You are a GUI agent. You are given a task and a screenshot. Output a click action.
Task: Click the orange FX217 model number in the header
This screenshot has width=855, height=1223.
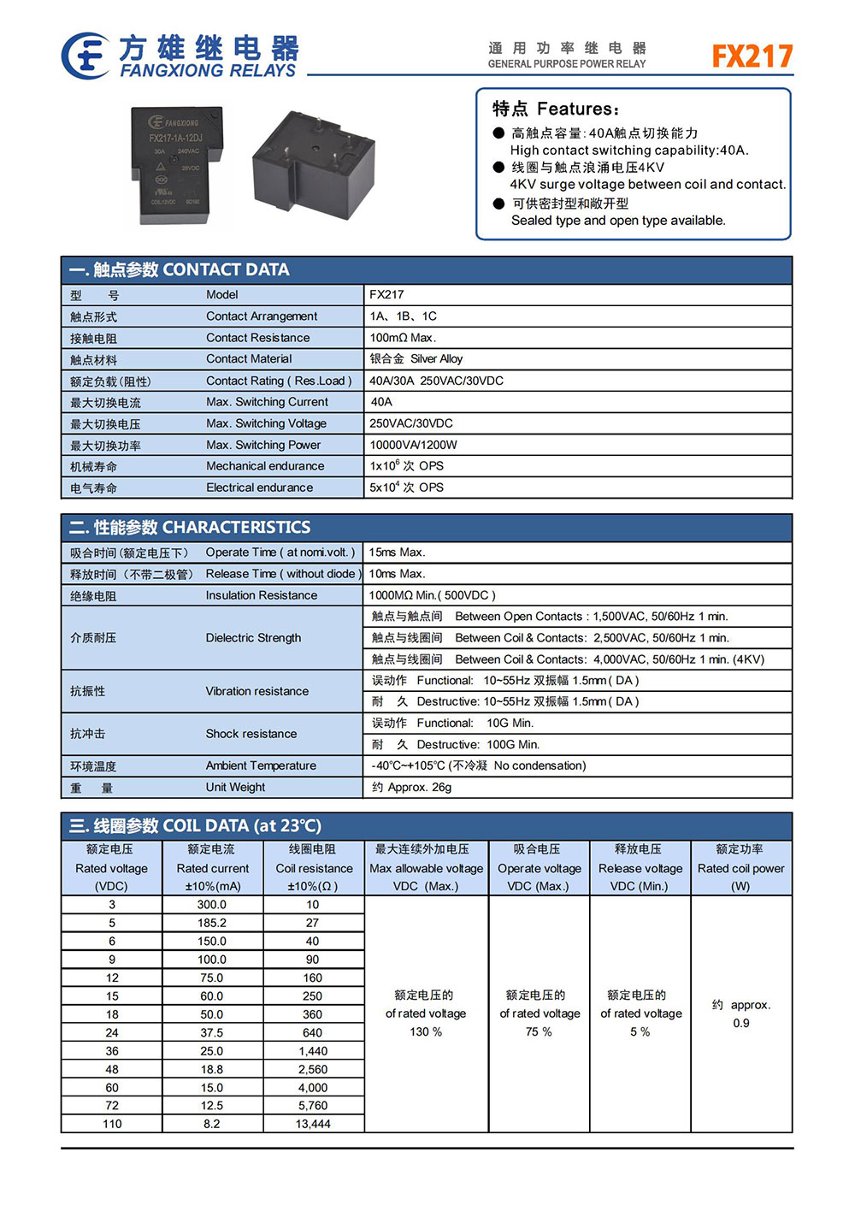[752, 56]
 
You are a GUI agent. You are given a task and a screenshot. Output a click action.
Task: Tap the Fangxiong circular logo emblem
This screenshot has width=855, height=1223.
[85, 56]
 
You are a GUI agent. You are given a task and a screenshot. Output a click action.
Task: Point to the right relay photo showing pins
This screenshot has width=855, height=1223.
[312, 166]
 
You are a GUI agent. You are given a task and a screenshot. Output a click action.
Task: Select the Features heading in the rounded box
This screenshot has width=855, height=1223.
[556, 109]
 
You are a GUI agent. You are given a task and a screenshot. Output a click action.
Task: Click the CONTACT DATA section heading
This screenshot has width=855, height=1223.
[180, 270]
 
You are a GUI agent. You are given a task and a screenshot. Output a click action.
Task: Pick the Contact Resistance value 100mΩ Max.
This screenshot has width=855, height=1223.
[403, 338]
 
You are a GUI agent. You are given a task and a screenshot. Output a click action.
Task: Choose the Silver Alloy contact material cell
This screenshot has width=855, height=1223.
[416, 359]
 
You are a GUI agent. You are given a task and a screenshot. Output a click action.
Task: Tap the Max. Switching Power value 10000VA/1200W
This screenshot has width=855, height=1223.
[413, 445]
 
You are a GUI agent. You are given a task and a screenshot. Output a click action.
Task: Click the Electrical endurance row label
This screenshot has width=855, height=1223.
[259, 487]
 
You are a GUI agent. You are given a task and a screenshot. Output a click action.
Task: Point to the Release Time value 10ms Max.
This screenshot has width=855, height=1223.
[397, 574]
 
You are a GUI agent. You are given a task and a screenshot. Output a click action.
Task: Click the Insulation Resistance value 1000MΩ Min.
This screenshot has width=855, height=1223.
[432, 595]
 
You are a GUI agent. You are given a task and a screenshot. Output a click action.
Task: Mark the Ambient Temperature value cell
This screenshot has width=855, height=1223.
[479, 765]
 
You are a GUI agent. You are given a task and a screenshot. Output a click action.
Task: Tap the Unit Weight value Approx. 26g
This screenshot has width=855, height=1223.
[411, 787]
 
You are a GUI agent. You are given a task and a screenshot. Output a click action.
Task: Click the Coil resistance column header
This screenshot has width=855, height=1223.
[313, 868]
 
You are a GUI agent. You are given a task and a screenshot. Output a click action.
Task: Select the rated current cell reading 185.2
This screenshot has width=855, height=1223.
[212, 923]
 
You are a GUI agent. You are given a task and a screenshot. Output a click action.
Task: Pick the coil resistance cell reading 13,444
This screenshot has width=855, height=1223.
[313, 1124]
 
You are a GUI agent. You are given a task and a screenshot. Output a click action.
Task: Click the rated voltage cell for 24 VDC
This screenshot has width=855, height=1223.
[112, 1032]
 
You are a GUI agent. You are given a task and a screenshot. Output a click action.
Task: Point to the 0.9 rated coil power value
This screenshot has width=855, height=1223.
[740, 1023]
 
